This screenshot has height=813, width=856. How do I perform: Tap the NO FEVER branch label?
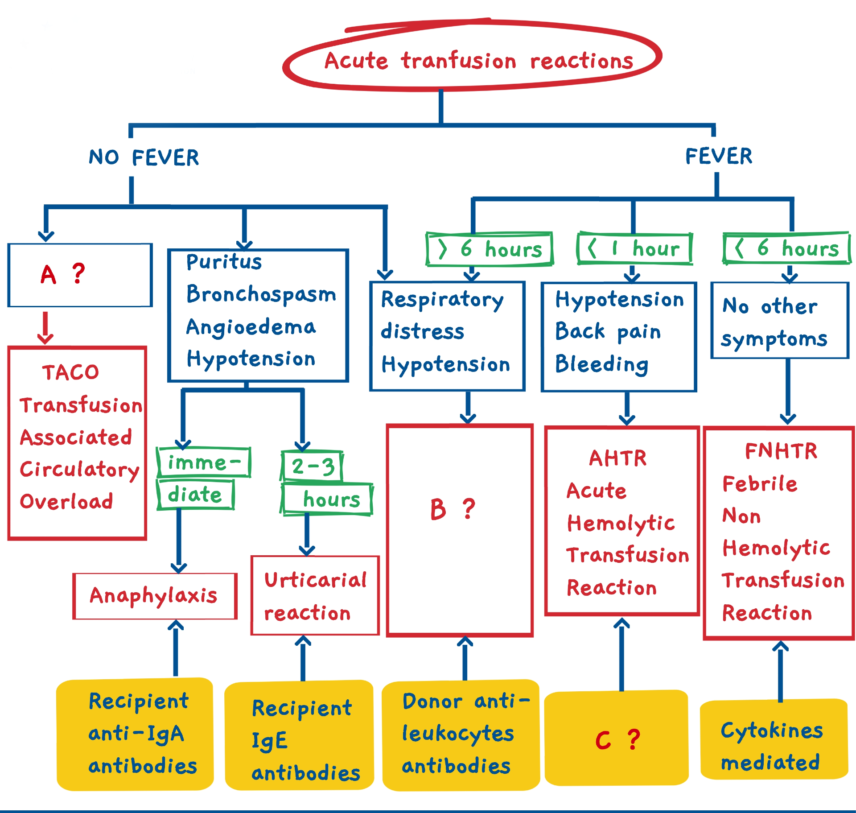coord(144,157)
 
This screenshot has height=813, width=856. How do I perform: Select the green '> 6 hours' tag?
coord(490,249)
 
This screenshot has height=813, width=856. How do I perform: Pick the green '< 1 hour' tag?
coord(634,248)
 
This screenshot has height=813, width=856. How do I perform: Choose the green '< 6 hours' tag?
coord(787,248)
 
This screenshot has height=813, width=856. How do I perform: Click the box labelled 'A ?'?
coord(80,275)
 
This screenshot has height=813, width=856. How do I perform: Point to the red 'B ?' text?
coord(453,509)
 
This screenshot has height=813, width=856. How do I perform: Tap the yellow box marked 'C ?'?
coord(617,739)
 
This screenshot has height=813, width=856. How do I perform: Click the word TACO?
coord(70,372)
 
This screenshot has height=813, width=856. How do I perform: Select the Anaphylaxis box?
coord(155,596)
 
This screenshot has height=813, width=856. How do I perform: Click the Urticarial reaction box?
coord(315,596)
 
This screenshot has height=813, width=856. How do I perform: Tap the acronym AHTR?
coord(618,458)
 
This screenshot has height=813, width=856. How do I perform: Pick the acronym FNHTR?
coord(781,451)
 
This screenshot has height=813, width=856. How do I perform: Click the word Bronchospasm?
coord(261,294)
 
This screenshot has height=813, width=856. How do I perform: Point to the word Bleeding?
coord(602,364)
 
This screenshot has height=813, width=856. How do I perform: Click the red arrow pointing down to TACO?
coord(45,328)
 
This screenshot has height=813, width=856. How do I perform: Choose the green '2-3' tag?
coord(313,466)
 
